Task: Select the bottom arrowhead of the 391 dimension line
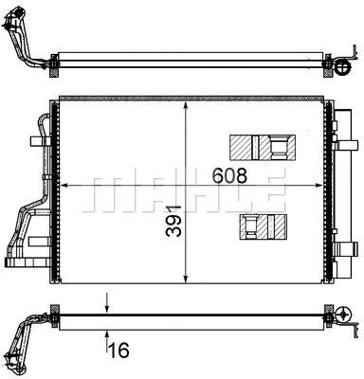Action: click(187, 276)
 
